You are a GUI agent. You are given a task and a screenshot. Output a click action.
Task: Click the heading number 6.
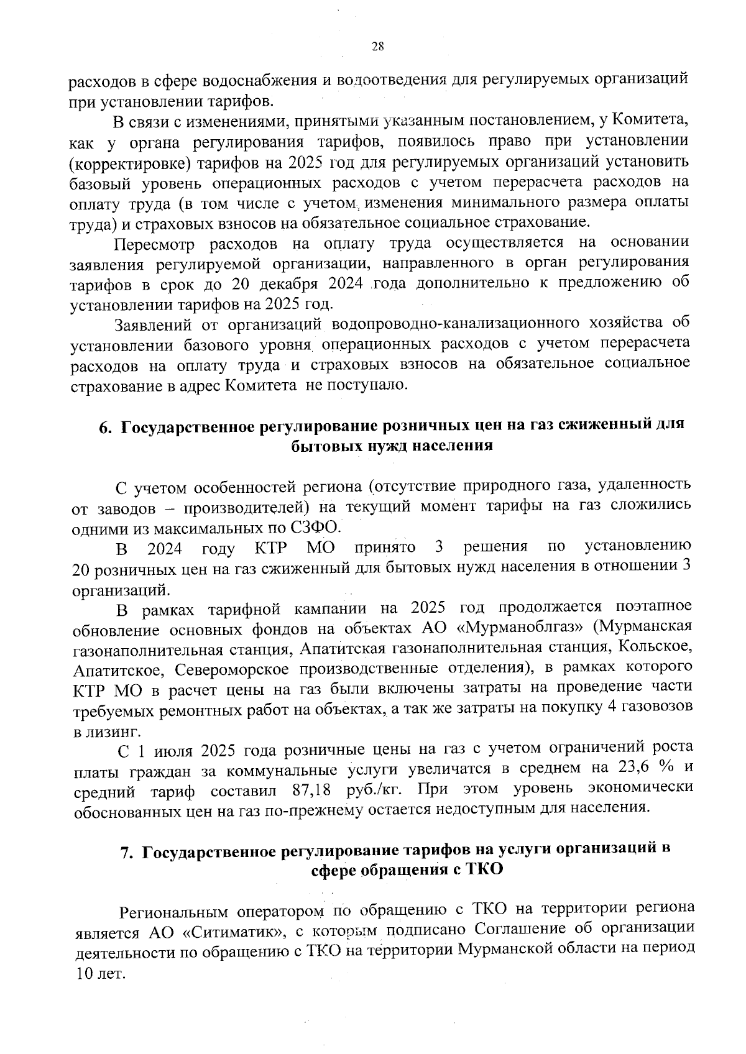(104, 427)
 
